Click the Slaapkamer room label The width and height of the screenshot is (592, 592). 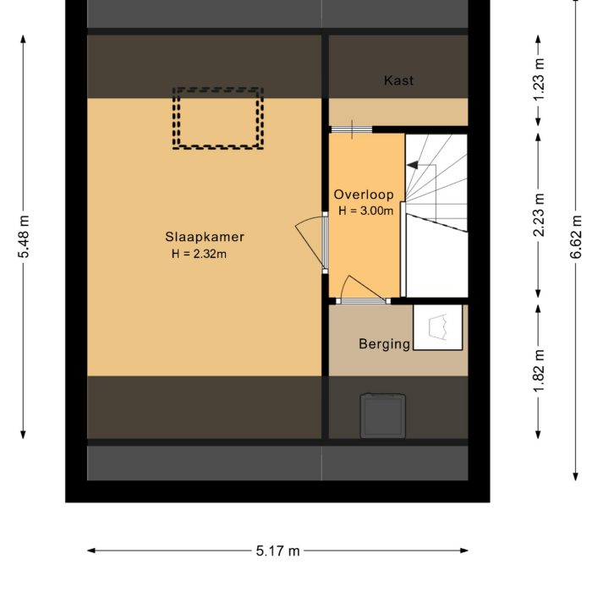tap(205, 237)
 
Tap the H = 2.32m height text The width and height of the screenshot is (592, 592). tap(199, 253)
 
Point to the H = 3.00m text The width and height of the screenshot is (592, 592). tap(365, 211)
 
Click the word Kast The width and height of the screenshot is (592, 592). tap(398, 81)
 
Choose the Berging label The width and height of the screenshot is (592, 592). tap(384, 343)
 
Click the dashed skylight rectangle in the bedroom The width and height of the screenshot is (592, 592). tap(218, 118)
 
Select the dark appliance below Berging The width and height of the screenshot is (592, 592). tap(382, 415)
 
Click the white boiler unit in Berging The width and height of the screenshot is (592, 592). tap(438, 326)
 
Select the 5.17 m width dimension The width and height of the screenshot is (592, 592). tap(277, 551)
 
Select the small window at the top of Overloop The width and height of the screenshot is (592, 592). tap(350, 129)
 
